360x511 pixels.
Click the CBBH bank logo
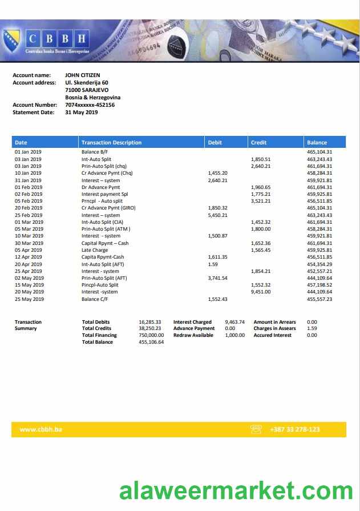[x=56, y=39]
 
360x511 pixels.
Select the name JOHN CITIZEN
[x=83, y=75]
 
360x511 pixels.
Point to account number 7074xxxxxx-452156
[x=90, y=105]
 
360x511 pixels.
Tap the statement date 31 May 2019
[x=81, y=112]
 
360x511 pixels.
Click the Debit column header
[x=215, y=142]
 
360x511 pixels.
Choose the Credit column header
[x=258, y=142]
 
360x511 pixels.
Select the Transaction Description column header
[x=111, y=142]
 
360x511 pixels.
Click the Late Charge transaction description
[x=95, y=250]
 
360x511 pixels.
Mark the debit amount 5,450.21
[x=218, y=215]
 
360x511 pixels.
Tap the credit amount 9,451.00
[x=261, y=292]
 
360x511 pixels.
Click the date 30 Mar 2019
[x=29, y=243]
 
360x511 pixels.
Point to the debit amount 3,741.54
[x=218, y=278]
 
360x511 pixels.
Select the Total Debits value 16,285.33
[x=150, y=322]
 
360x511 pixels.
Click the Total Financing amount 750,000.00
[x=151, y=335]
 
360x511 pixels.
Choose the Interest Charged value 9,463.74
[x=234, y=322]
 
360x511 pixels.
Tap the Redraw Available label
[x=193, y=335]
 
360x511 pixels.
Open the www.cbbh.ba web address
[x=41, y=429]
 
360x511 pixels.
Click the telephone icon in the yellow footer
[x=256, y=429]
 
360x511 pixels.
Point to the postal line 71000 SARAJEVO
[x=87, y=90]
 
